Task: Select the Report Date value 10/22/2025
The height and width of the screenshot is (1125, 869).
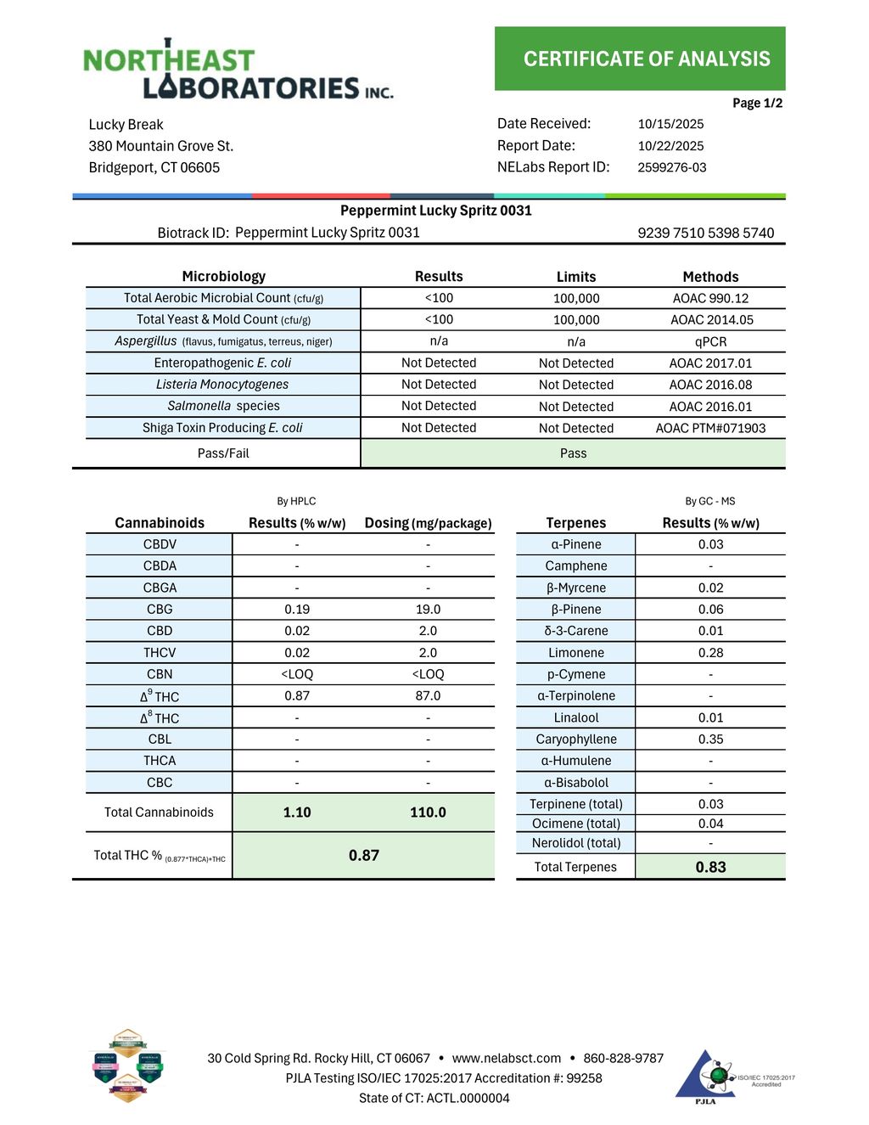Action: pyautogui.click(x=670, y=146)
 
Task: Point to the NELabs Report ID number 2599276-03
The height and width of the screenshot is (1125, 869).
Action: pyautogui.click(x=671, y=167)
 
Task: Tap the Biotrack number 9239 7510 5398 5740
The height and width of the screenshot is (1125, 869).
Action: pyautogui.click(x=705, y=233)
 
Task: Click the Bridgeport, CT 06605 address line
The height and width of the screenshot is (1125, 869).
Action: pyautogui.click(x=154, y=167)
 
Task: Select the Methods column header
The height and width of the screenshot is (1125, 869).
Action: pyautogui.click(x=710, y=277)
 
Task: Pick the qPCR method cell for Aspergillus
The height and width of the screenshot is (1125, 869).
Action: pyautogui.click(x=710, y=341)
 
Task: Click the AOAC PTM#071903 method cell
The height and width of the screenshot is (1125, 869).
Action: pyautogui.click(x=710, y=428)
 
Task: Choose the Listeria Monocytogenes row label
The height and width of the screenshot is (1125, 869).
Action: pyautogui.click(x=222, y=385)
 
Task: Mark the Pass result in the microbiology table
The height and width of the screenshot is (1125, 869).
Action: pyautogui.click(x=573, y=453)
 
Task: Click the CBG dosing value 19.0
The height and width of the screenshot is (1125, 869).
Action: pyautogui.click(x=428, y=610)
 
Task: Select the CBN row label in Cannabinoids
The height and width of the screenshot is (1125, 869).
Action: pyautogui.click(x=160, y=674)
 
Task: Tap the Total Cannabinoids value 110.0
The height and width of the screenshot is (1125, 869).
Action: pyautogui.click(x=428, y=813)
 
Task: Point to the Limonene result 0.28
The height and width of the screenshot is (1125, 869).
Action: pyautogui.click(x=710, y=653)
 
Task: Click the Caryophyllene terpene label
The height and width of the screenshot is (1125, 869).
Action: pyautogui.click(x=575, y=740)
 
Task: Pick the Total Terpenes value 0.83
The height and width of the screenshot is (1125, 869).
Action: pyautogui.click(x=710, y=867)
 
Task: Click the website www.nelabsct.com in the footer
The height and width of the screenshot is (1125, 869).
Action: pyautogui.click(x=507, y=1058)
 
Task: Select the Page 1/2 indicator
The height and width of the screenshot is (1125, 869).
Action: pyautogui.click(x=757, y=104)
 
